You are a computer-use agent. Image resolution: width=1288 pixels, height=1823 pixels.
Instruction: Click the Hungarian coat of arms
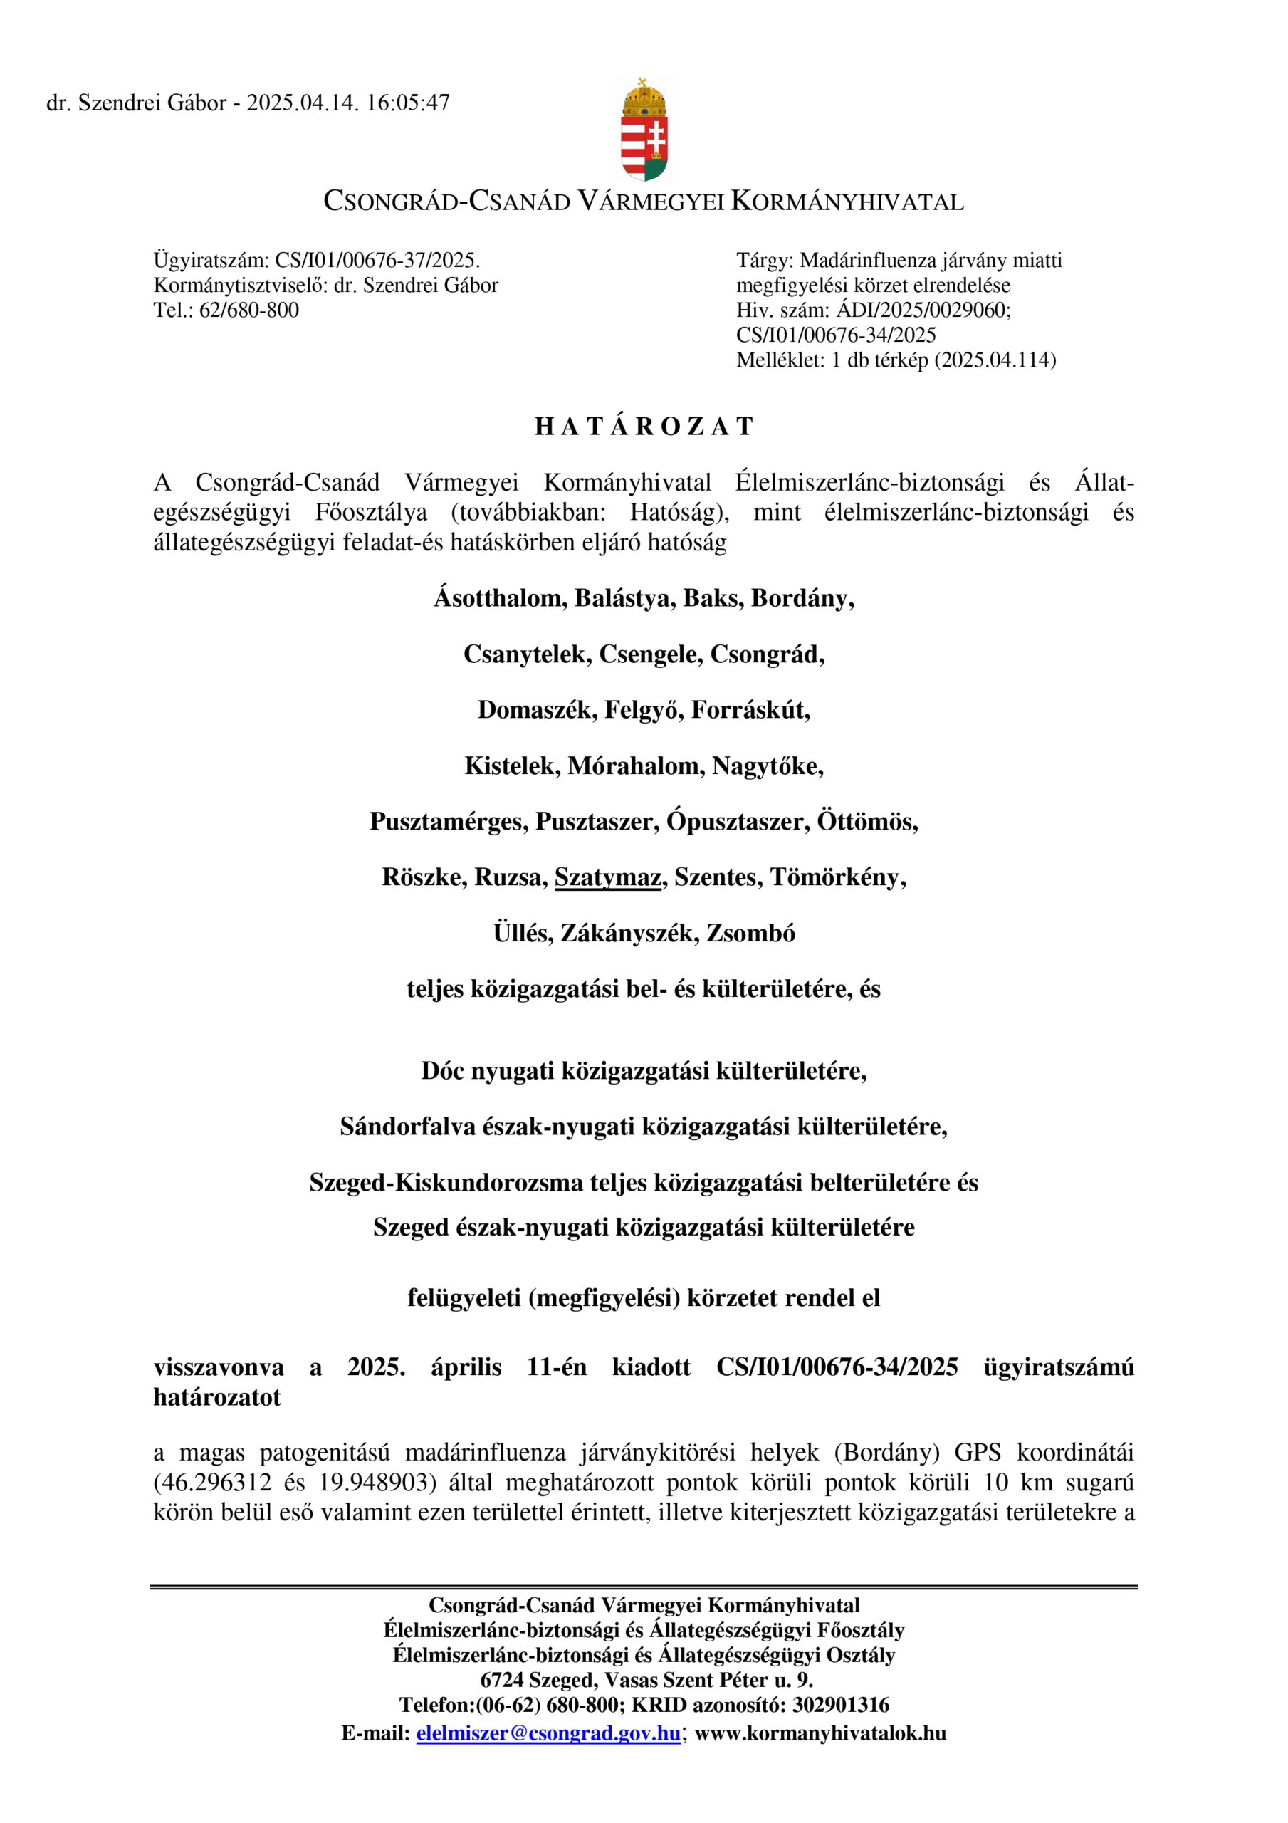coord(643,130)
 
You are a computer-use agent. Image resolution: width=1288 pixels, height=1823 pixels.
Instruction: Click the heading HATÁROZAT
coord(643,427)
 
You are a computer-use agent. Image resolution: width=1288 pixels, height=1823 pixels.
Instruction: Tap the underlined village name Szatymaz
coord(607,877)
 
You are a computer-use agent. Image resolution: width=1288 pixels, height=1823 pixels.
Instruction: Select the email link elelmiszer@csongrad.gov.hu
coord(548,1733)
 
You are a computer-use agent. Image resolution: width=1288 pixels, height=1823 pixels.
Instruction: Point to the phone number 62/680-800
coord(248,310)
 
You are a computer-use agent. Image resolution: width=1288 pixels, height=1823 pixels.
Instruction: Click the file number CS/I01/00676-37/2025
coord(377,261)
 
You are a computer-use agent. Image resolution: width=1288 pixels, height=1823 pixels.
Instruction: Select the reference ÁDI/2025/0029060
coord(923,310)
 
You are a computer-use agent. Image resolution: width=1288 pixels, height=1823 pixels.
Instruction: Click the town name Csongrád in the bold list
coord(766,654)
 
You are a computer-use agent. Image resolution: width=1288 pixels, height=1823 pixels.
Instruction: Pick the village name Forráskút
coord(750,710)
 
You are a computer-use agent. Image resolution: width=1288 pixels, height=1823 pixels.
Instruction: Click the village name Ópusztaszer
coord(736,822)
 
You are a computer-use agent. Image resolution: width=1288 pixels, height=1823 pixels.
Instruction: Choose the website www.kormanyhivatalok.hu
coord(820,1733)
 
